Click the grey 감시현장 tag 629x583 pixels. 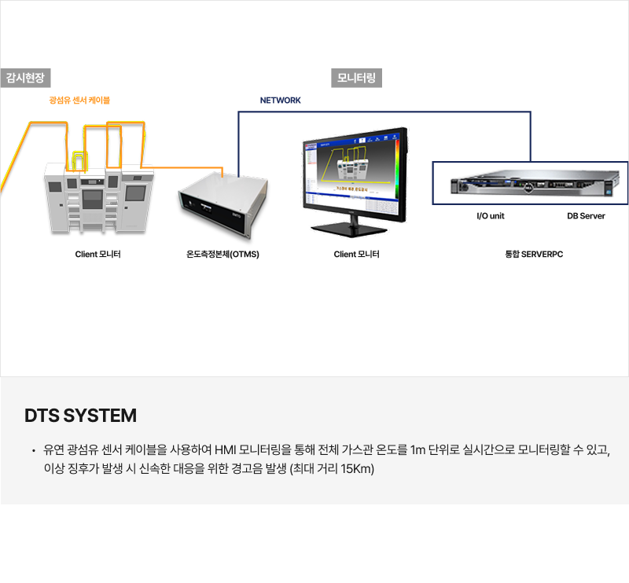pyautogui.click(x=26, y=78)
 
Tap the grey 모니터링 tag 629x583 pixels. pyautogui.click(x=356, y=78)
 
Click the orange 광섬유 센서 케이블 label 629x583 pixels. pyautogui.click(x=79, y=101)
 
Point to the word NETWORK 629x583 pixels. pyautogui.click(x=280, y=101)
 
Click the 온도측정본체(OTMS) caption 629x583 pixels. pyautogui.click(x=223, y=255)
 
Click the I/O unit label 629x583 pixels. pyautogui.click(x=491, y=216)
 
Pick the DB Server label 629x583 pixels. pyautogui.click(x=586, y=216)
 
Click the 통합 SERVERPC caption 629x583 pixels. pyautogui.click(x=534, y=255)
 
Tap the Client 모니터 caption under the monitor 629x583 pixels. pyautogui.click(x=356, y=255)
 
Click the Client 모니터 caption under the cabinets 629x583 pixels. pyautogui.click(x=97, y=255)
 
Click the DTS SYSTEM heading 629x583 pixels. pyautogui.click(x=81, y=416)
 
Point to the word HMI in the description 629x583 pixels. pyautogui.click(x=224, y=451)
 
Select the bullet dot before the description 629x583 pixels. pyautogui.click(x=33, y=452)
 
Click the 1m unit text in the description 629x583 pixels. pyautogui.click(x=419, y=451)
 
